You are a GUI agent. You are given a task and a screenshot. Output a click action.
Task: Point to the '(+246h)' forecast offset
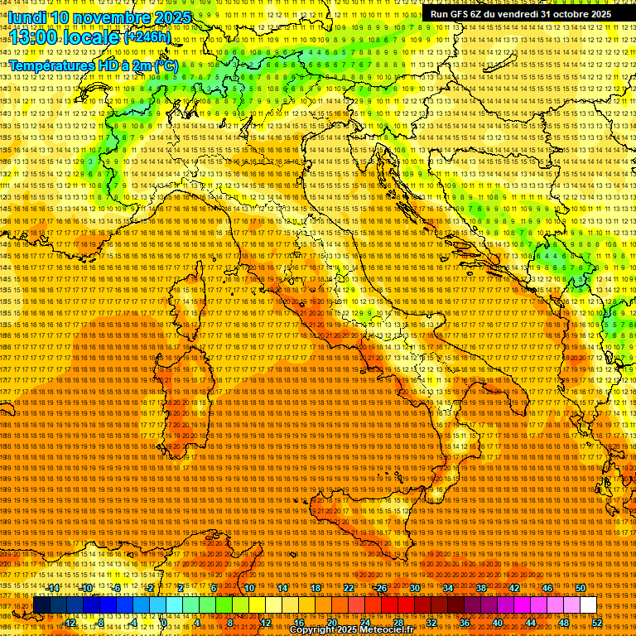[147, 37]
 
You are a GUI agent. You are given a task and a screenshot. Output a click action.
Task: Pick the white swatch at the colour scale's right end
[588, 605]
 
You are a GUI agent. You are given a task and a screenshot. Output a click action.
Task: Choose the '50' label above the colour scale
[581, 588]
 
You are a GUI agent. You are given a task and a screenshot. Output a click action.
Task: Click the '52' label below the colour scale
[596, 623]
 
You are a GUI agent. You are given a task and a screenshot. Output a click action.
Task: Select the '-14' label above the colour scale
[53, 588]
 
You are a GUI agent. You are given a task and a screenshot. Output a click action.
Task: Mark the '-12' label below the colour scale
[70, 623]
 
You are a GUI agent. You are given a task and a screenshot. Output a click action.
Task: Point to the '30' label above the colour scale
[414, 588]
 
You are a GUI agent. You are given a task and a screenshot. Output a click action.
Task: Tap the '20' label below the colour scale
[331, 623]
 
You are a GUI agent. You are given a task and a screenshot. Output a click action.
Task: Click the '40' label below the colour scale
[497, 623]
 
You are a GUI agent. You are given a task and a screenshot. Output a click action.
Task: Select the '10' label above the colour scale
[248, 588]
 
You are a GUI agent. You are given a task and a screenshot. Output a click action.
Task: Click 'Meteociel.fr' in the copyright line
[385, 630]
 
